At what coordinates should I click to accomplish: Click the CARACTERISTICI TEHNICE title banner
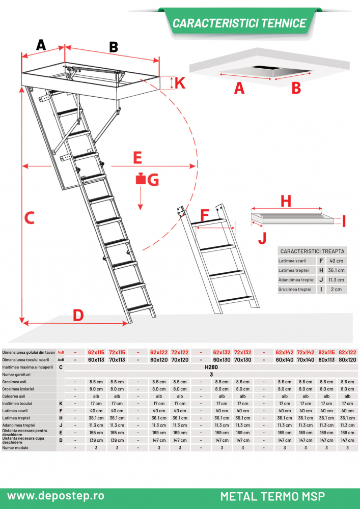pos(239,23)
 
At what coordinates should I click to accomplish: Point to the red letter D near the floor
pos(77,315)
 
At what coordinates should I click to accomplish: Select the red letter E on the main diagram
pos(137,157)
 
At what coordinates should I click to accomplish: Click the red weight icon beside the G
pos(140,179)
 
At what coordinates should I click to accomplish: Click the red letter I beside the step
pos(343,221)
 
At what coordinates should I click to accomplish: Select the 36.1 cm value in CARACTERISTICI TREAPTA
pos(337,270)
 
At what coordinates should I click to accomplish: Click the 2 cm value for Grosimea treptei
pos(337,289)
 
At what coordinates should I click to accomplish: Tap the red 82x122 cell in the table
pos(347,352)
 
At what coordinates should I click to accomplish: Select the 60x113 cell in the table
pos(96,359)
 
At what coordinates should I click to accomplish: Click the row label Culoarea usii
pos(14,395)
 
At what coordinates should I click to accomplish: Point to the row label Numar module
pos(15,448)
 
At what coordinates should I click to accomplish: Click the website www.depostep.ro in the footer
pos(56,495)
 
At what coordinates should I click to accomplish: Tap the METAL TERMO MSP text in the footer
pos(272,496)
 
